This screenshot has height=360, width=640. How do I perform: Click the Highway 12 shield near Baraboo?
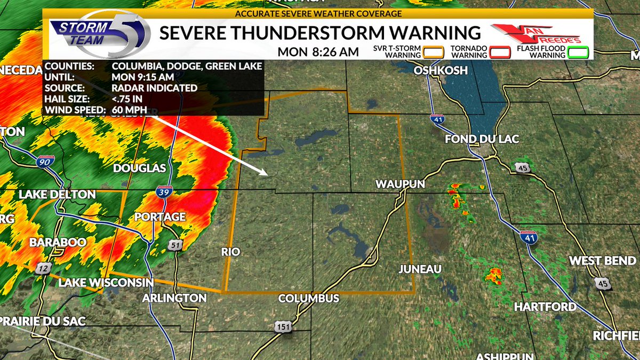[x=43, y=269]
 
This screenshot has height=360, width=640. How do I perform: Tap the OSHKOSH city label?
[x=441, y=70]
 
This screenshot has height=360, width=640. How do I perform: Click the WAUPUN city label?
[x=400, y=184]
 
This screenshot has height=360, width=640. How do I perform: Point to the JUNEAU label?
[x=420, y=269]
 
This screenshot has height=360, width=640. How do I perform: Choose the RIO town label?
[x=231, y=252]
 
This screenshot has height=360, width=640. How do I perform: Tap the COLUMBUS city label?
[x=309, y=298]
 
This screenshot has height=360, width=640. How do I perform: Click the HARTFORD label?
[x=545, y=307]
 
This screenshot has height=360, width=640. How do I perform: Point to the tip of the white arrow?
[x=266, y=174]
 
